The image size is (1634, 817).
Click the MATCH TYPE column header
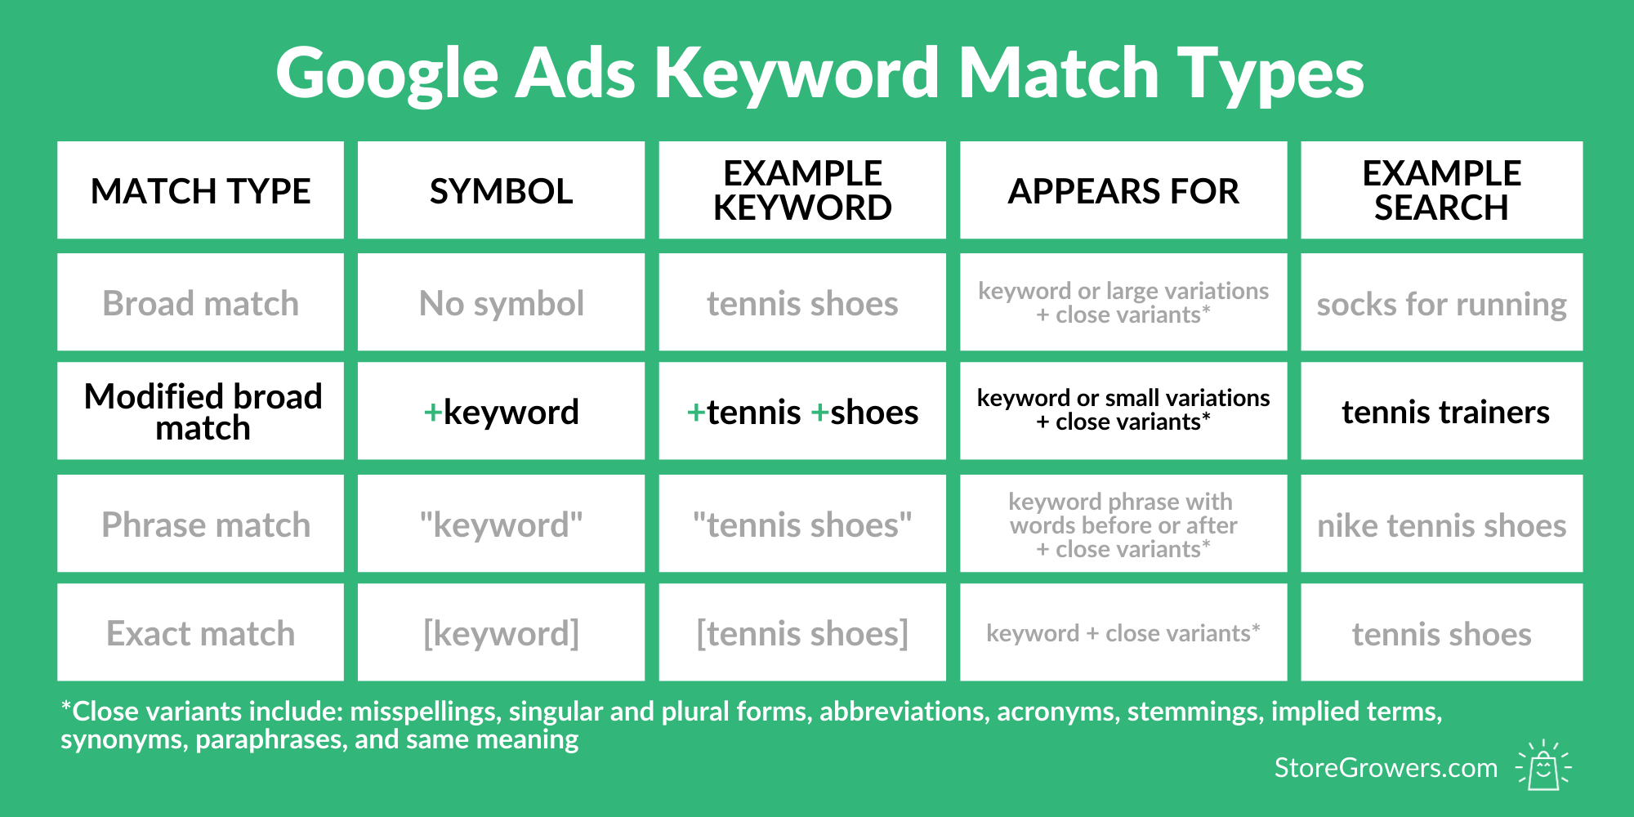click(201, 191)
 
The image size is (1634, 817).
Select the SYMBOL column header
click(501, 191)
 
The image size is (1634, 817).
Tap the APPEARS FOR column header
click(1123, 191)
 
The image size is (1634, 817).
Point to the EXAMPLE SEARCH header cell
click(1441, 190)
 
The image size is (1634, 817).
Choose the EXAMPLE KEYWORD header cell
click(802, 190)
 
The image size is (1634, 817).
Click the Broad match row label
click(201, 303)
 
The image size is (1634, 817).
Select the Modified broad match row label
click(203, 412)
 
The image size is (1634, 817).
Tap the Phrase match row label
click(206, 525)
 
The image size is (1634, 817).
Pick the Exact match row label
click(201, 633)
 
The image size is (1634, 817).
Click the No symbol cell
click(501, 303)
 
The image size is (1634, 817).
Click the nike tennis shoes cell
click(1441, 525)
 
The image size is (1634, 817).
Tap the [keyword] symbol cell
click(501, 634)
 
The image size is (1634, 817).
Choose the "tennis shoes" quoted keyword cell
click(802, 525)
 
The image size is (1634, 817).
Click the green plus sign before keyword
click(433, 413)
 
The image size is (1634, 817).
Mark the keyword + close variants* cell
click(1123, 633)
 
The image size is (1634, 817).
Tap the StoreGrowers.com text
click(1386, 768)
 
